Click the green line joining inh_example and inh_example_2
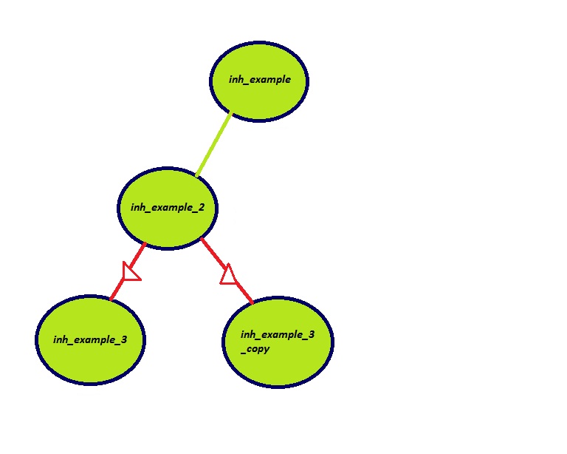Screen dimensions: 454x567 click(213, 145)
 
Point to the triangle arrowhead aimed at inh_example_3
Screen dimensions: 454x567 click(131, 272)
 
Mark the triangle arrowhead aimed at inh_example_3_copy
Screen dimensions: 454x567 click(229, 275)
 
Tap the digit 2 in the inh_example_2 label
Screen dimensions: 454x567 click(211, 208)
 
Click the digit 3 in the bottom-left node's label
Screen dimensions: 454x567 click(123, 339)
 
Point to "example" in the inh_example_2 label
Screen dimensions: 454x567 click(177, 208)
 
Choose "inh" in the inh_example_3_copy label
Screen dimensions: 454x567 click(248, 335)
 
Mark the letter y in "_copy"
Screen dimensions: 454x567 click(267, 350)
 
